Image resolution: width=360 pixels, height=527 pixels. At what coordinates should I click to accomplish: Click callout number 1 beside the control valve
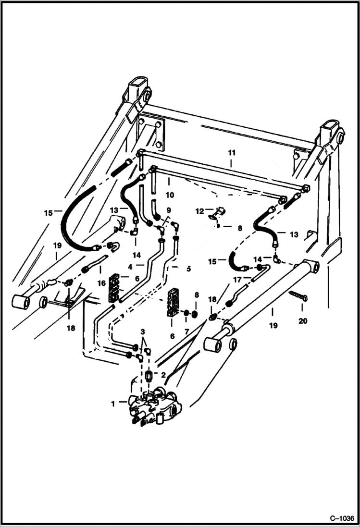pyautogui.click(x=113, y=404)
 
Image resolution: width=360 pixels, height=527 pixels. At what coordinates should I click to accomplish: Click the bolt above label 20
pyautogui.click(x=298, y=296)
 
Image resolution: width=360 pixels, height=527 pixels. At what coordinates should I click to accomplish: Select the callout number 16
pyautogui.click(x=101, y=284)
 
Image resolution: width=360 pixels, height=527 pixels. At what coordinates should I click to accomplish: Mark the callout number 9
pyautogui.click(x=168, y=210)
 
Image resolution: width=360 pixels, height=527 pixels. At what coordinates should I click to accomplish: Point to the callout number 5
pyautogui.click(x=188, y=269)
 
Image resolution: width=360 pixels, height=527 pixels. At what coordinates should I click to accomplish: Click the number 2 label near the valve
pyautogui.click(x=163, y=375)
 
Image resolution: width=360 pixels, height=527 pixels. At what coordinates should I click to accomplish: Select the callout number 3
pyautogui.click(x=142, y=332)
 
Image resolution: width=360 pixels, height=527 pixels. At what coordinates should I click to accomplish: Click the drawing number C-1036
pyautogui.click(x=342, y=519)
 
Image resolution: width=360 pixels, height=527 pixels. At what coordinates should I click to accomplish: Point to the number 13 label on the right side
pyautogui.click(x=294, y=234)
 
